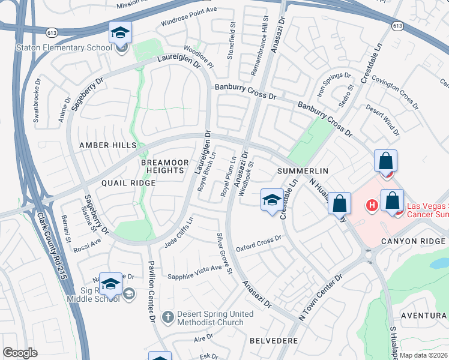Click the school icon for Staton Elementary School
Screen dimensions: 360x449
pyautogui.click(x=121, y=32)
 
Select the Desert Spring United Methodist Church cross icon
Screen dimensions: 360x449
pyautogui.click(x=169, y=316)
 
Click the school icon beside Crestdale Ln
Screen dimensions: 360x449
pyautogui.click(x=272, y=200)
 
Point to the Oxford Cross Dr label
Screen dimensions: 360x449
pyautogui.click(x=259, y=242)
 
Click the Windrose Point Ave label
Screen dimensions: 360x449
pyautogui.click(x=188, y=16)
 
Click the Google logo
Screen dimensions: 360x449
pyautogui.click(x=20, y=352)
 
